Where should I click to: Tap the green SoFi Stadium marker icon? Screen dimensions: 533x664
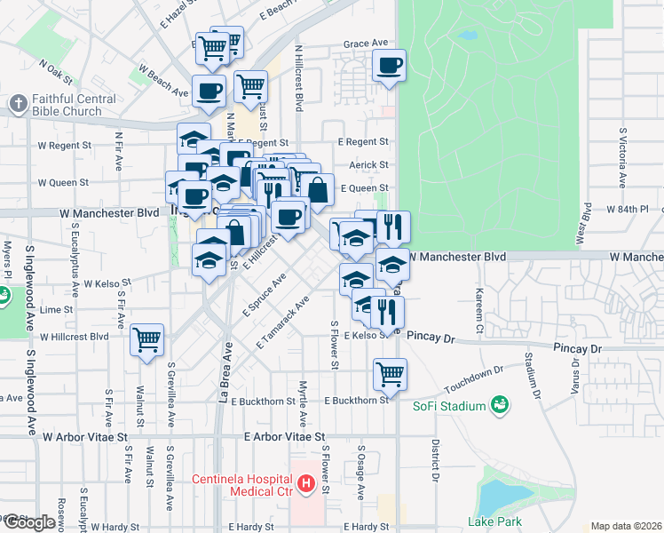(x=500, y=406)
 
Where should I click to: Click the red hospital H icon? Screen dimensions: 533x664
(x=306, y=485)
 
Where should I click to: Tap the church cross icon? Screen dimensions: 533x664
(x=19, y=105)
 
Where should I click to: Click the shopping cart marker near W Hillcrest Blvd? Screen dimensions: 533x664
(x=147, y=339)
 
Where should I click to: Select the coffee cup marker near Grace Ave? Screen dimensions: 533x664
(x=390, y=65)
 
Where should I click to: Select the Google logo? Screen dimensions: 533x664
(x=28, y=522)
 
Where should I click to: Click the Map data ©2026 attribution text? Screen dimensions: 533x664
(x=626, y=526)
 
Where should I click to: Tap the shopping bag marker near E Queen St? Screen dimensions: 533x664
(x=318, y=188)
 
